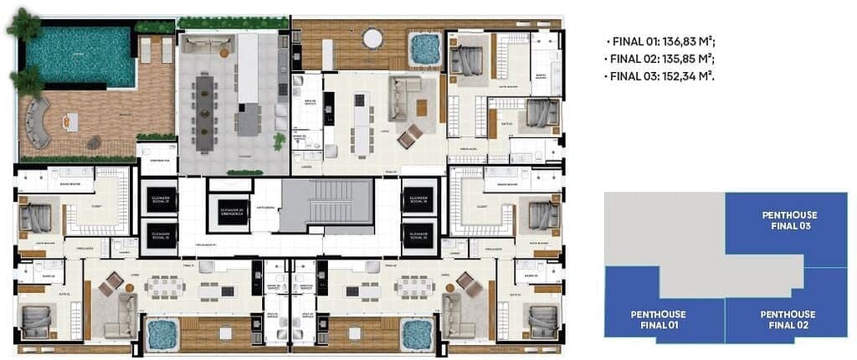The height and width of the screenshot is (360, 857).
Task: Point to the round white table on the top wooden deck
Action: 372,38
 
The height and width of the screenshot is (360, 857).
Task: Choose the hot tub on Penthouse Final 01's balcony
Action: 162,335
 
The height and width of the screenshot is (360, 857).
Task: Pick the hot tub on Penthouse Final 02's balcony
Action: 416,334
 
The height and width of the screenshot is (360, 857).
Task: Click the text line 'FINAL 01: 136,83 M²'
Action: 659,42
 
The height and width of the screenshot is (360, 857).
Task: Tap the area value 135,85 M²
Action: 686,59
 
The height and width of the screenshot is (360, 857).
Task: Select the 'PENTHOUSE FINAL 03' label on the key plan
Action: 789,220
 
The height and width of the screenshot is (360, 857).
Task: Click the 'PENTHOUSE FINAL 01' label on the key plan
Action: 658,319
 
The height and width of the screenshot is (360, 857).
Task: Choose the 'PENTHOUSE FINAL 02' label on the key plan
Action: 788,319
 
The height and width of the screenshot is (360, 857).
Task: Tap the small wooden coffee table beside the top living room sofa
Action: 421,107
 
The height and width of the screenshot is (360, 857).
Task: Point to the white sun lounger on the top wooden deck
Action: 327,54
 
